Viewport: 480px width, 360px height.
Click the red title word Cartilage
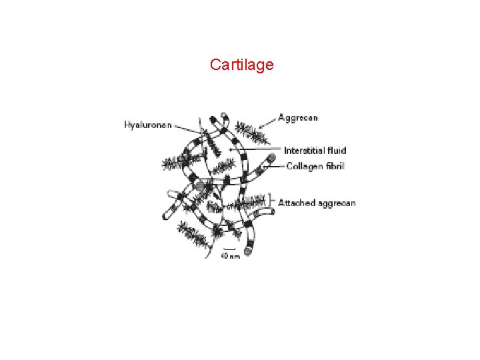pos(241,65)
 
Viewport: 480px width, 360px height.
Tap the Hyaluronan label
pos(147,125)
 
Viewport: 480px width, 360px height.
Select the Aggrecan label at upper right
pos(297,118)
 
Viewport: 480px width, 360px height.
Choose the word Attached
pos(297,203)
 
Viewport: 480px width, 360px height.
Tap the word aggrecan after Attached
pos(336,203)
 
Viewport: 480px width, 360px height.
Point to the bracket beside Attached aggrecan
pos(273,199)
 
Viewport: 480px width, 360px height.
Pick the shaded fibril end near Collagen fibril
pos(271,160)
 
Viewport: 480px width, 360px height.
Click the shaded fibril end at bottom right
pos(249,251)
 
